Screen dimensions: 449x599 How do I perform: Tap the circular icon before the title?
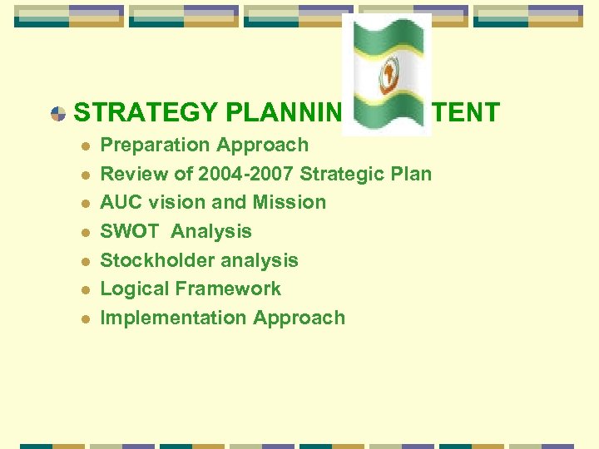click(x=58, y=113)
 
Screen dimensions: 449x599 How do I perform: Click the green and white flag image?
click(x=387, y=75)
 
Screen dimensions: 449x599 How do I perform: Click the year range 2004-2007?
click(x=248, y=174)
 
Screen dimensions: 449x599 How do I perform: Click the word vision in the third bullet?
click(x=176, y=202)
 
